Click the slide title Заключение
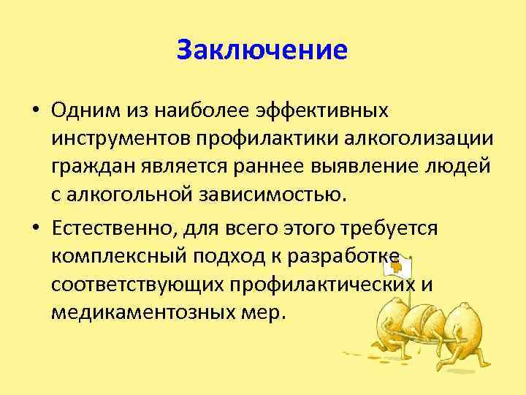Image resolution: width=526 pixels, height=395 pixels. pyautogui.click(x=262, y=51)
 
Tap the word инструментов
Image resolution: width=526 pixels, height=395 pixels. pyautogui.click(x=118, y=139)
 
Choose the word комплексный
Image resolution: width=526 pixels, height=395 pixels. pyautogui.click(x=113, y=257)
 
